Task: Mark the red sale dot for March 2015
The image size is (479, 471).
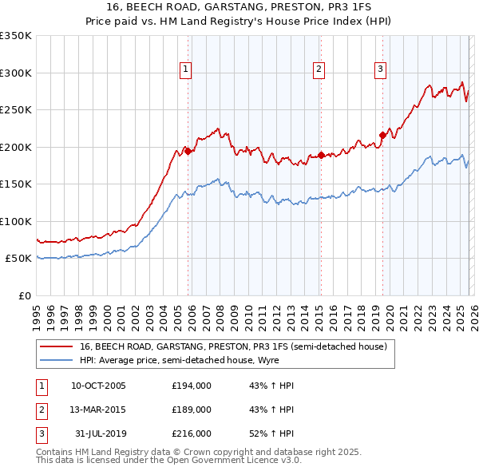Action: (x=321, y=155)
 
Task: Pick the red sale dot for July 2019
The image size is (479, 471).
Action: (x=382, y=135)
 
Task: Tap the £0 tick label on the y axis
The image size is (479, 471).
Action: (x=24, y=295)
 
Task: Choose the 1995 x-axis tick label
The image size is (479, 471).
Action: (x=37, y=313)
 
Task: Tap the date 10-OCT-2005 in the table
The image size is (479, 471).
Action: (x=98, y=386)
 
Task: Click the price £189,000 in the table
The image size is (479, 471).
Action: (x=192, y=410)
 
